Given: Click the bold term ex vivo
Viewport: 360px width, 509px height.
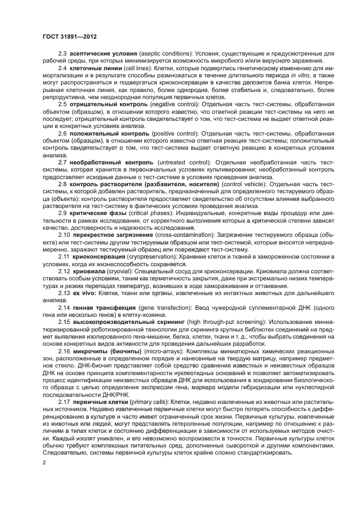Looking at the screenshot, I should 81,292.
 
